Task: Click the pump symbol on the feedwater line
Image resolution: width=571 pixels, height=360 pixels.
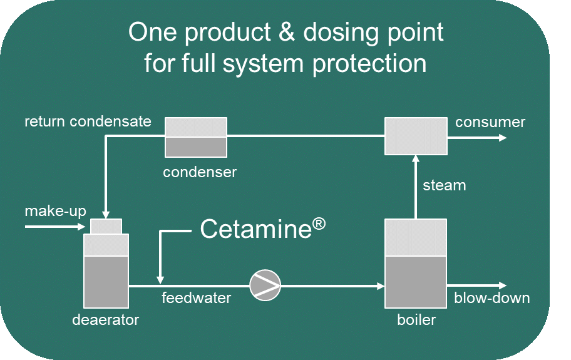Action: coord(265,285)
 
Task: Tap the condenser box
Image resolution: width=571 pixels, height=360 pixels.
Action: coord(196,137)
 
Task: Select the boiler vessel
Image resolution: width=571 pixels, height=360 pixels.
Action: coord(416,263)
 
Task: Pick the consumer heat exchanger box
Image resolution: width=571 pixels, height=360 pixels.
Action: coord(416,136)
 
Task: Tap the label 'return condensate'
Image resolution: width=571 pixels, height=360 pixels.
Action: coord(88,121)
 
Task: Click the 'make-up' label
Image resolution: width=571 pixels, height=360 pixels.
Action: coord(55,211)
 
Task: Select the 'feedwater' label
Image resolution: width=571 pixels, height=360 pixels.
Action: coord(196,298)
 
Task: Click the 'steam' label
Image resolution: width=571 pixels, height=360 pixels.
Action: coord(444,185)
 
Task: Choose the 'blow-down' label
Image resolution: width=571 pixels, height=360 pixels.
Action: coord(491,298)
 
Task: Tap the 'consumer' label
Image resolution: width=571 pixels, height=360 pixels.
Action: coord(490,121)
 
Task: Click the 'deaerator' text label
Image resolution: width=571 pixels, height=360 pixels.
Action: coord(105,320)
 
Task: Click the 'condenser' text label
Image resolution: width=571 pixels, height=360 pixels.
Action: coord(200,172)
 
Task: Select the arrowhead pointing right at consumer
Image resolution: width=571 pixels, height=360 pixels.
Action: coord(502,136)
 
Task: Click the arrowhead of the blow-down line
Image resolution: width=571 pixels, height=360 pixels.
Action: coord(502,285)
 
